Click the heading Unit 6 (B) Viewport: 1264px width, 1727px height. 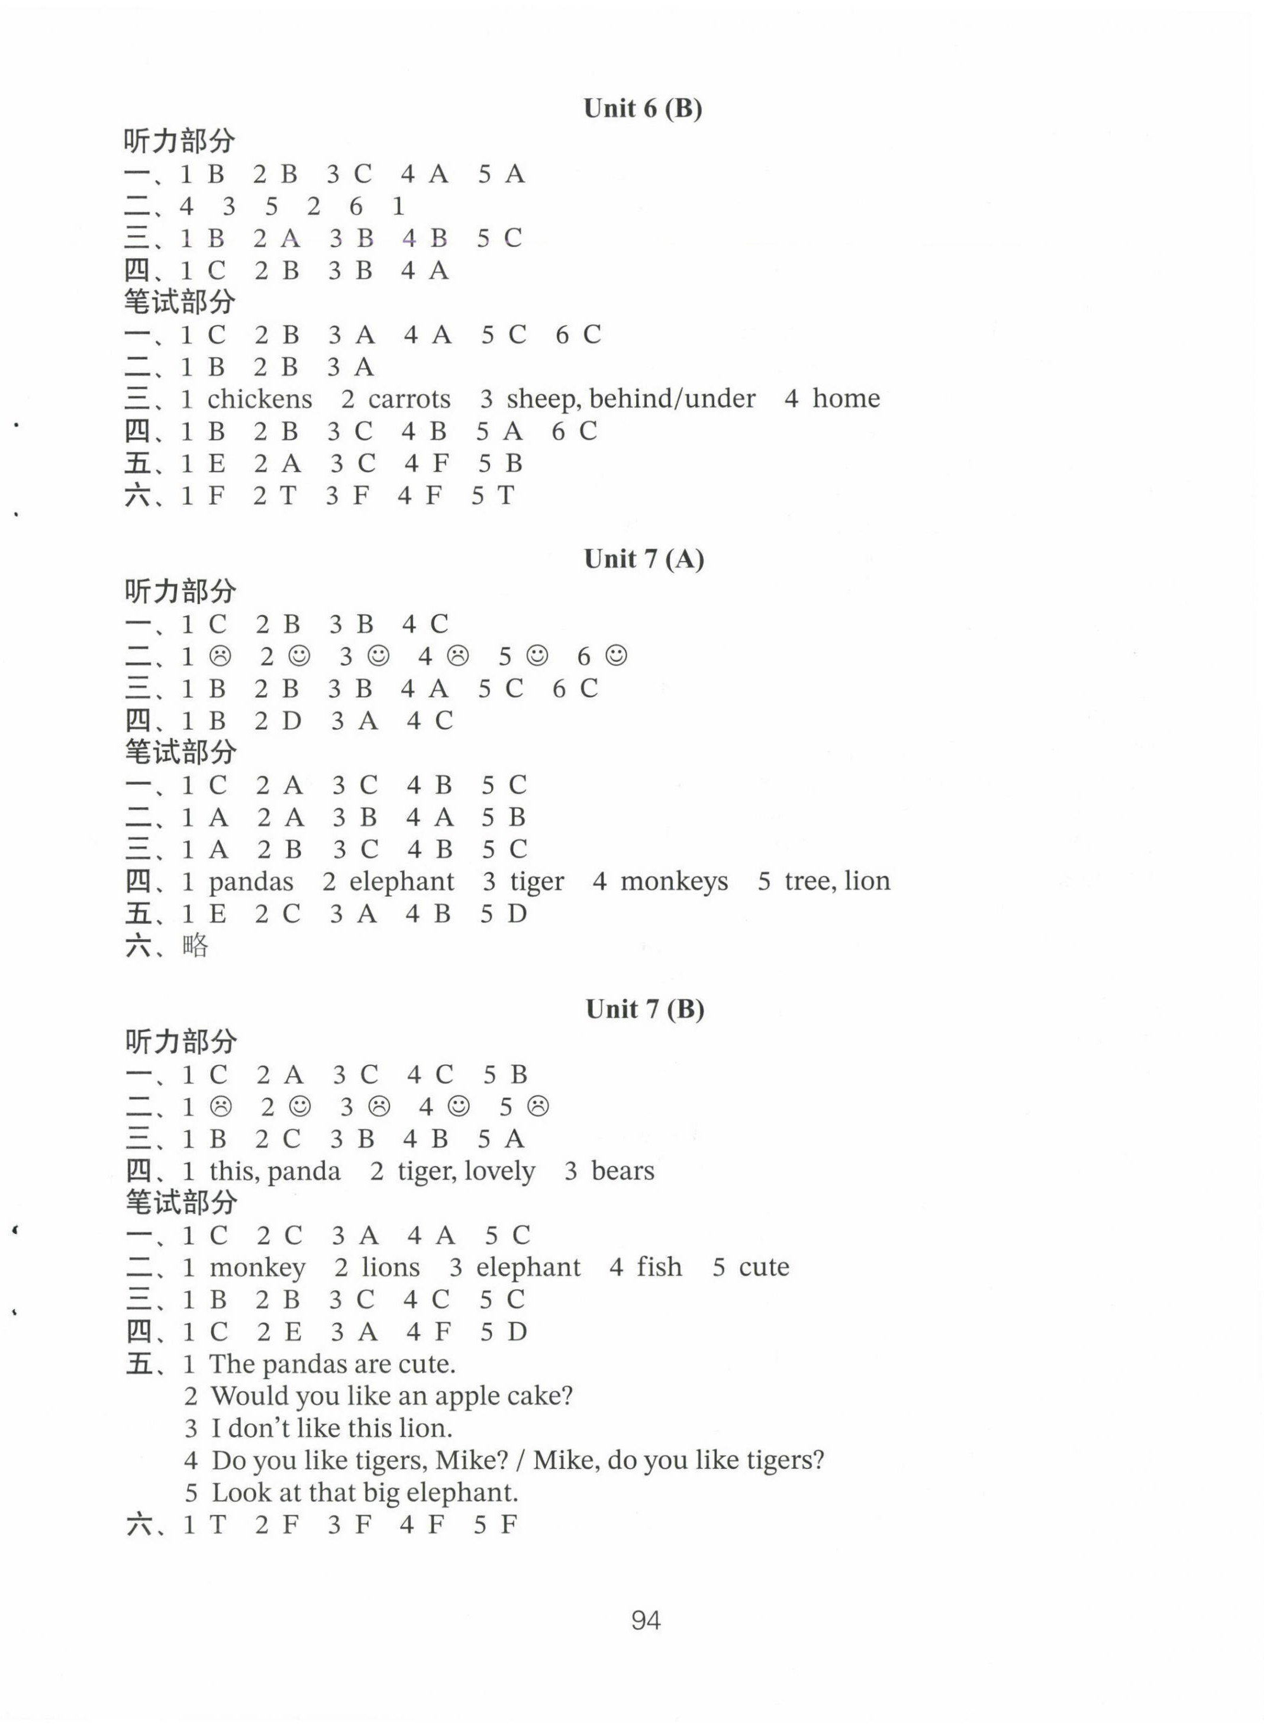[643, 109]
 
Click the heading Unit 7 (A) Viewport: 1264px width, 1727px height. [643, 559]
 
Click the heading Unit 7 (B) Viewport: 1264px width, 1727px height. [644, 1009]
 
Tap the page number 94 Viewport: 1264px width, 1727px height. [646, 1620]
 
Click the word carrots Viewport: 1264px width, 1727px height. [409, 399]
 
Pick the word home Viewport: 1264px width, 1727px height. [846, 399]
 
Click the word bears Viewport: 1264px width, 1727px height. [623, 1171]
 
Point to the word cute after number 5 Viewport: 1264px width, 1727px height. [763, 1268]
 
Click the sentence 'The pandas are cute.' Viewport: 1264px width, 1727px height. [332, 1364]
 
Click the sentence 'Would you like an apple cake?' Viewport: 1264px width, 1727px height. [392, 1396]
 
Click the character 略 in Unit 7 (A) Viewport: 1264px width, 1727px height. [196, 946]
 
